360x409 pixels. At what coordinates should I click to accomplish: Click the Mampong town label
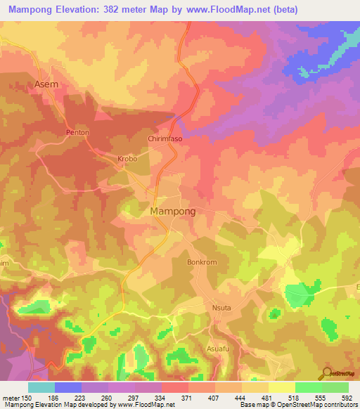coord(172,211)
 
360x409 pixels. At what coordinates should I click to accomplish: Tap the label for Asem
coord(46,84)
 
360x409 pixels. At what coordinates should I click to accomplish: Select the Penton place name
coord(77,132)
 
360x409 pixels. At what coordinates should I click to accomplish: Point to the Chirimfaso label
coord(165,139)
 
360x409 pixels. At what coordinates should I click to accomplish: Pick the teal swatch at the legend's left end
coord(41,387)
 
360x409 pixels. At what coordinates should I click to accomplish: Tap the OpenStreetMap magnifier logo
coord(327,373)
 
